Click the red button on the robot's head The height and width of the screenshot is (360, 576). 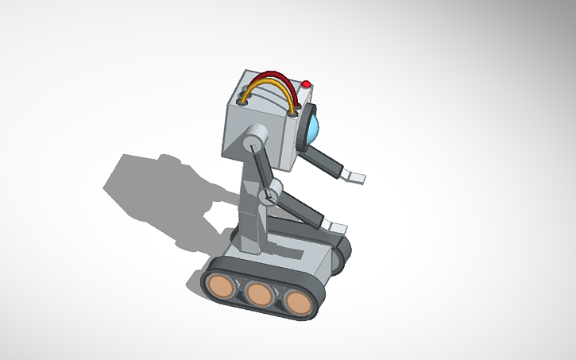[306, 83]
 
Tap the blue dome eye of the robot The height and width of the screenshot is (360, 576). [315, 127]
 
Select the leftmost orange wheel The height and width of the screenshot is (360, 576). [220, 284]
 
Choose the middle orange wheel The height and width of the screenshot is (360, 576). [259, 293]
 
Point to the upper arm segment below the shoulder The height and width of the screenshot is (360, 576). [261, 168]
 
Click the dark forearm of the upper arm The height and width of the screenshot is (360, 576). [325, 164]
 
